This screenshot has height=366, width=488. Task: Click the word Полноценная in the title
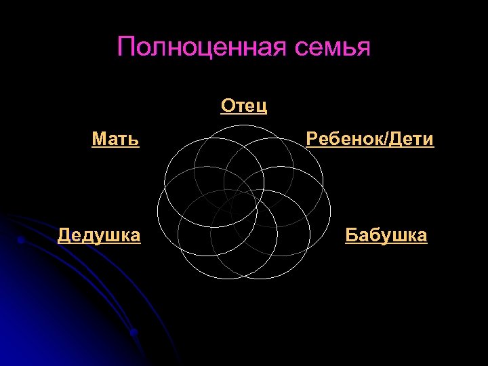203,47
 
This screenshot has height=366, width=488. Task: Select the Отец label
244,106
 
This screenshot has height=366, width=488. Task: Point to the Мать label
116,140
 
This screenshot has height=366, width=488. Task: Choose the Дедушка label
100,235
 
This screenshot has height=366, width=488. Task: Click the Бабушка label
386,235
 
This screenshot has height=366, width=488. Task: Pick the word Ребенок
344,140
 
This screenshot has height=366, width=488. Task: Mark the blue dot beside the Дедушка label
21,240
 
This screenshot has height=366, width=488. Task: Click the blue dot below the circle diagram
134,332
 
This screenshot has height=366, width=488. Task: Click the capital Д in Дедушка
64,235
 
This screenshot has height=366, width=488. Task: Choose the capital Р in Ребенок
312,140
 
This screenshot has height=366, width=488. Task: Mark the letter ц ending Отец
262,106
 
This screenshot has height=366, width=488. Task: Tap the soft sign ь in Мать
134,140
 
